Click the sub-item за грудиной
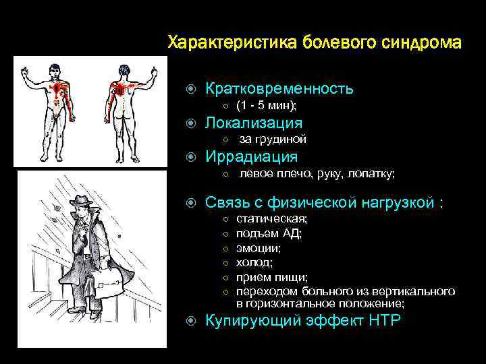tap(273, 140)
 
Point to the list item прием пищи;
tap(271, 277)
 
